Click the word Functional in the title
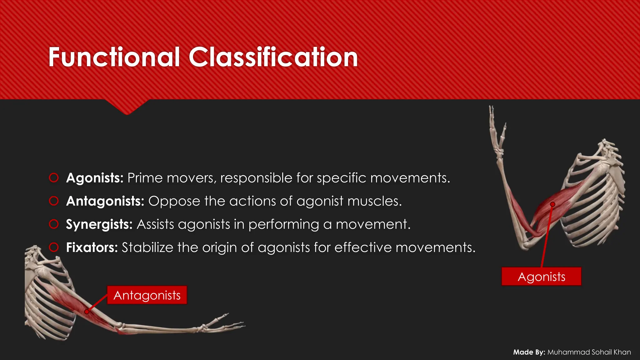pos(114,57)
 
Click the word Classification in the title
pos(273,57)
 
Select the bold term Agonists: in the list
pos(95,178)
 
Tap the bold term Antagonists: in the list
pos(105,201)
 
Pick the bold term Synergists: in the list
pos(99,224)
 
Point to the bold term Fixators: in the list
pos(92,247)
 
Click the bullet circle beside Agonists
pos(54,178)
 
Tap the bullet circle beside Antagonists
pos(54,201)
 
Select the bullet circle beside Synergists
pos(54,224)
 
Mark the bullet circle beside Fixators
pos(54,247)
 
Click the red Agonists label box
pos(541,277)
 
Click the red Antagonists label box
pos(147,295)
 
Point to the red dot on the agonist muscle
pos(552,204)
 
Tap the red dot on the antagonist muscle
pos(87,312)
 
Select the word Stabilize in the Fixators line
pos(147,247)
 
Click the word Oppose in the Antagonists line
pos(174,201)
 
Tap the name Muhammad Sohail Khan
pos(589,352)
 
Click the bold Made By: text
pos(529,352)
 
